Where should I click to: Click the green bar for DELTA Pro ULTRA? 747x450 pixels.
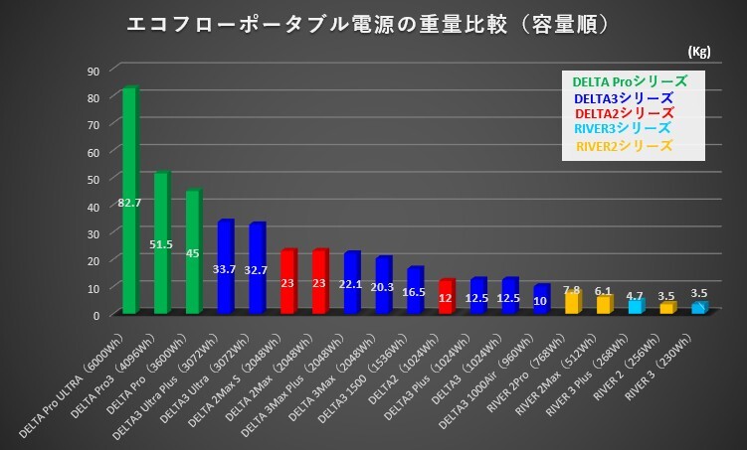point(129,199)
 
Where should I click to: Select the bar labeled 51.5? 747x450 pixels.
point(161,243)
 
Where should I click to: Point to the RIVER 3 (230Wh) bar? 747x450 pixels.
point(699,308)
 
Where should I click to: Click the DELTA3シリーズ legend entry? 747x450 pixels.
point(624,98)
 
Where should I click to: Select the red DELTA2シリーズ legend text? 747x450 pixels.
point(624,114)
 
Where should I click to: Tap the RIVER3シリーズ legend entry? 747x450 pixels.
point(623,130)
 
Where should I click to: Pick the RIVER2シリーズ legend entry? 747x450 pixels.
point(624,147)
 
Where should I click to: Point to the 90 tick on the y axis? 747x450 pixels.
point(93,71)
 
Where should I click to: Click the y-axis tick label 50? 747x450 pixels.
point(93,179)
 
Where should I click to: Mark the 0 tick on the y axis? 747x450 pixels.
point(97,314)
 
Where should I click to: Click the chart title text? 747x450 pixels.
point(368,23)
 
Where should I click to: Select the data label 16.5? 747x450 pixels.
point(416,293)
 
